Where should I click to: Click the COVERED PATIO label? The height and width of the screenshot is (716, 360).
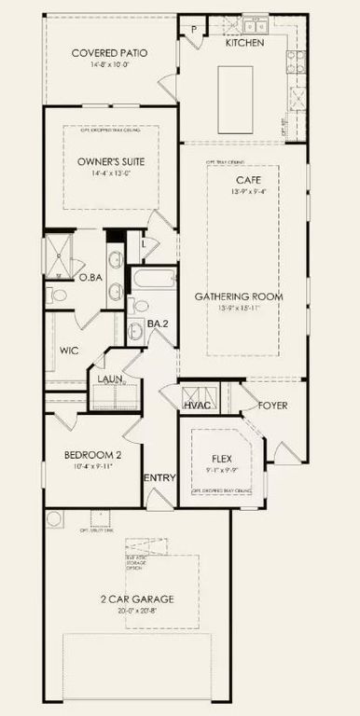[106, 53]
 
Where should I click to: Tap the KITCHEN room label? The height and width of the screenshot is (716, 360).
[244, 43]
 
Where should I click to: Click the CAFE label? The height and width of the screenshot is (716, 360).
[248, 179]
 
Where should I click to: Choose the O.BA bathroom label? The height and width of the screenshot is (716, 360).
[90, 277]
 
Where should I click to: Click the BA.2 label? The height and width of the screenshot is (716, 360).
[158, 324]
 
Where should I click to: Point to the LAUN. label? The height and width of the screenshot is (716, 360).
[111, 379]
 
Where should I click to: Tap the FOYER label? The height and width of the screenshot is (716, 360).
[272, 406]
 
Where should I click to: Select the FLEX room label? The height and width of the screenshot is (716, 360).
[222, 459]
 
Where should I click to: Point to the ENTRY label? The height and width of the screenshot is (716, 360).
[159, 477]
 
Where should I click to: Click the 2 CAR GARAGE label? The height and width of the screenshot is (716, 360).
[137, 599]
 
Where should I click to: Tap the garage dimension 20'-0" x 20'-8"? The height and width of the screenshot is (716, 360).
[137, 612]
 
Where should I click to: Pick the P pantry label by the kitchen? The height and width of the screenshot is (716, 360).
[194, 30]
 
